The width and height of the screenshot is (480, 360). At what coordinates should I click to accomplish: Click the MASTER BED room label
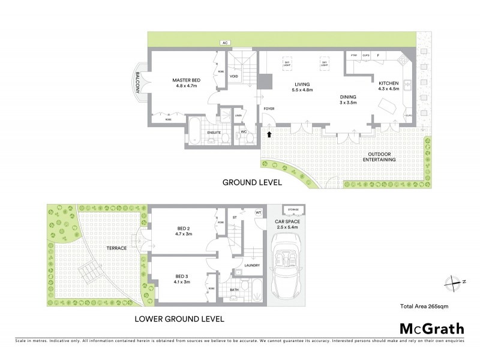[185, 80]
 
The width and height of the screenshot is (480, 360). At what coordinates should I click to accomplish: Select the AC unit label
[226, 43]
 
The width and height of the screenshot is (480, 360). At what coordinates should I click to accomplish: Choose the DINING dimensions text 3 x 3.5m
[347, 103]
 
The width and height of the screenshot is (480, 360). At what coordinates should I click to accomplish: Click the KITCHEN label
[388, 83]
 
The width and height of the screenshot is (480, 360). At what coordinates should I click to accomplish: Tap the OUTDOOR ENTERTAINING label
[382, 157]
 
